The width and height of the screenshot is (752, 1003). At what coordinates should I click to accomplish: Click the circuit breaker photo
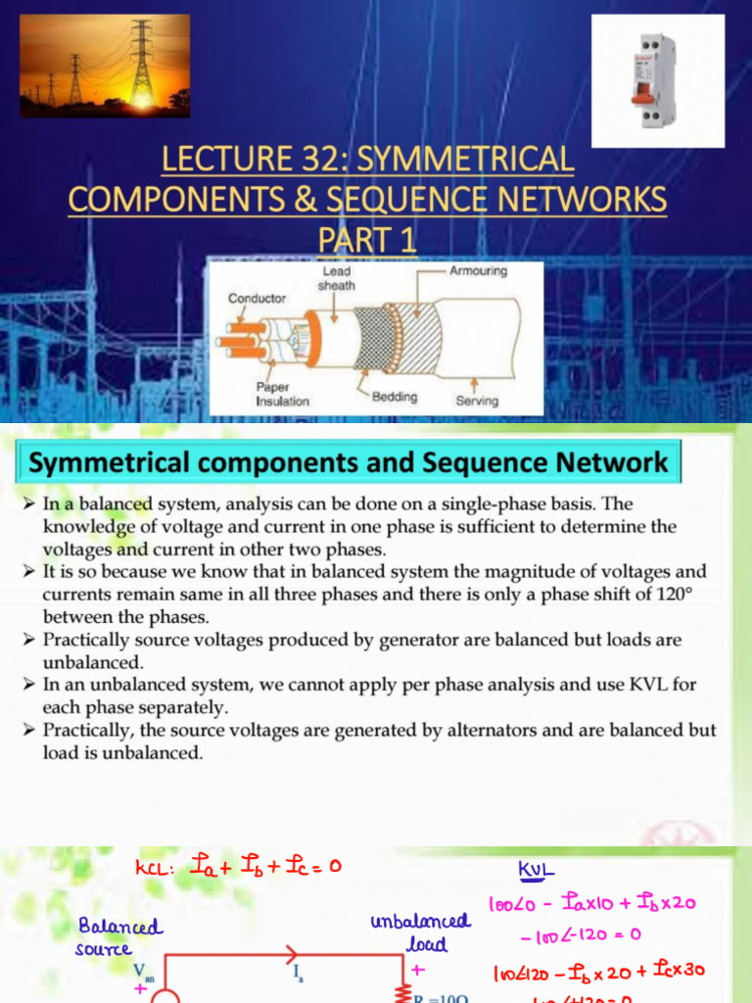click(658, 81)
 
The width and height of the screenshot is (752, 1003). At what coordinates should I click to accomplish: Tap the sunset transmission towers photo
click(105, 66)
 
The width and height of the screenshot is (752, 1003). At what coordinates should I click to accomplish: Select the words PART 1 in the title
click(367, 239)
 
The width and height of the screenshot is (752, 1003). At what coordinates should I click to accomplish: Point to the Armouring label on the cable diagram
click(478, 271)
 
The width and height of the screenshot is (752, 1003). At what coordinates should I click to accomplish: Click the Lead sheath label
click(336, 278)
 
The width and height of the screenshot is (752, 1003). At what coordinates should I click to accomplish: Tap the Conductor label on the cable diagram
click(257, 298)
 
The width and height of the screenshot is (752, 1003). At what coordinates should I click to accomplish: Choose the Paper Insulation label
click(282, 394)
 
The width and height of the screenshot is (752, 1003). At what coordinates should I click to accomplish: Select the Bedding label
click(395, 397)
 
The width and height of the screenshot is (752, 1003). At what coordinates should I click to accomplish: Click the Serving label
click(477, 401)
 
